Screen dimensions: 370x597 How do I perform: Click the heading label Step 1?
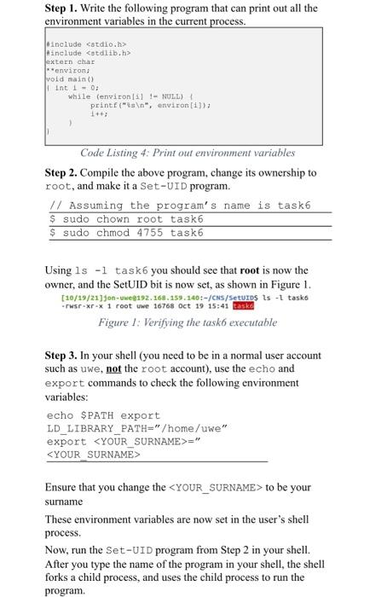63,8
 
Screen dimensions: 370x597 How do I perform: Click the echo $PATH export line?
103,415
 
